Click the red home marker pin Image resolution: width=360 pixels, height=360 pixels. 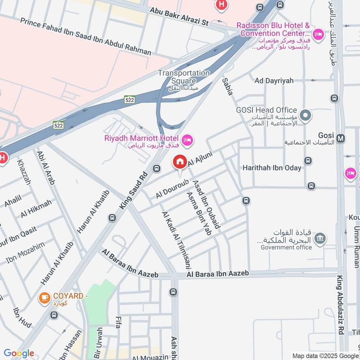click(180, 162)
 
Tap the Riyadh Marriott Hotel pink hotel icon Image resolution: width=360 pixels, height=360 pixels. click(187, 140)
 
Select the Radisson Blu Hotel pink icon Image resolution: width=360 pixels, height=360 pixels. click(318, 35)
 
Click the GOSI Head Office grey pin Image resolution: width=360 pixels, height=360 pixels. click(306, 116)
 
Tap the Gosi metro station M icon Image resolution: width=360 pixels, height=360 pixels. click(341, 138)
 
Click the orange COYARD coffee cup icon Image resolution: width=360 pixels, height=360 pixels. click(44, 298)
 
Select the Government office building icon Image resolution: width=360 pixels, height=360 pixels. click(320, 238)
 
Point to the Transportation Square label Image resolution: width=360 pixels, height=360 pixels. click(184, 76)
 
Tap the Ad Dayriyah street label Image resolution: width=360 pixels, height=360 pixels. click(274, 81)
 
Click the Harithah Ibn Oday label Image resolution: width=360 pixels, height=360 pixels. click(271, 167)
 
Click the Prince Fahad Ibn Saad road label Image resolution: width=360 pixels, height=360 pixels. click(85, 37)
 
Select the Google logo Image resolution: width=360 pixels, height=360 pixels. click(18, 353)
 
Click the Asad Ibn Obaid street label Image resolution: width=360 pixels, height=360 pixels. click(206, 204)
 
